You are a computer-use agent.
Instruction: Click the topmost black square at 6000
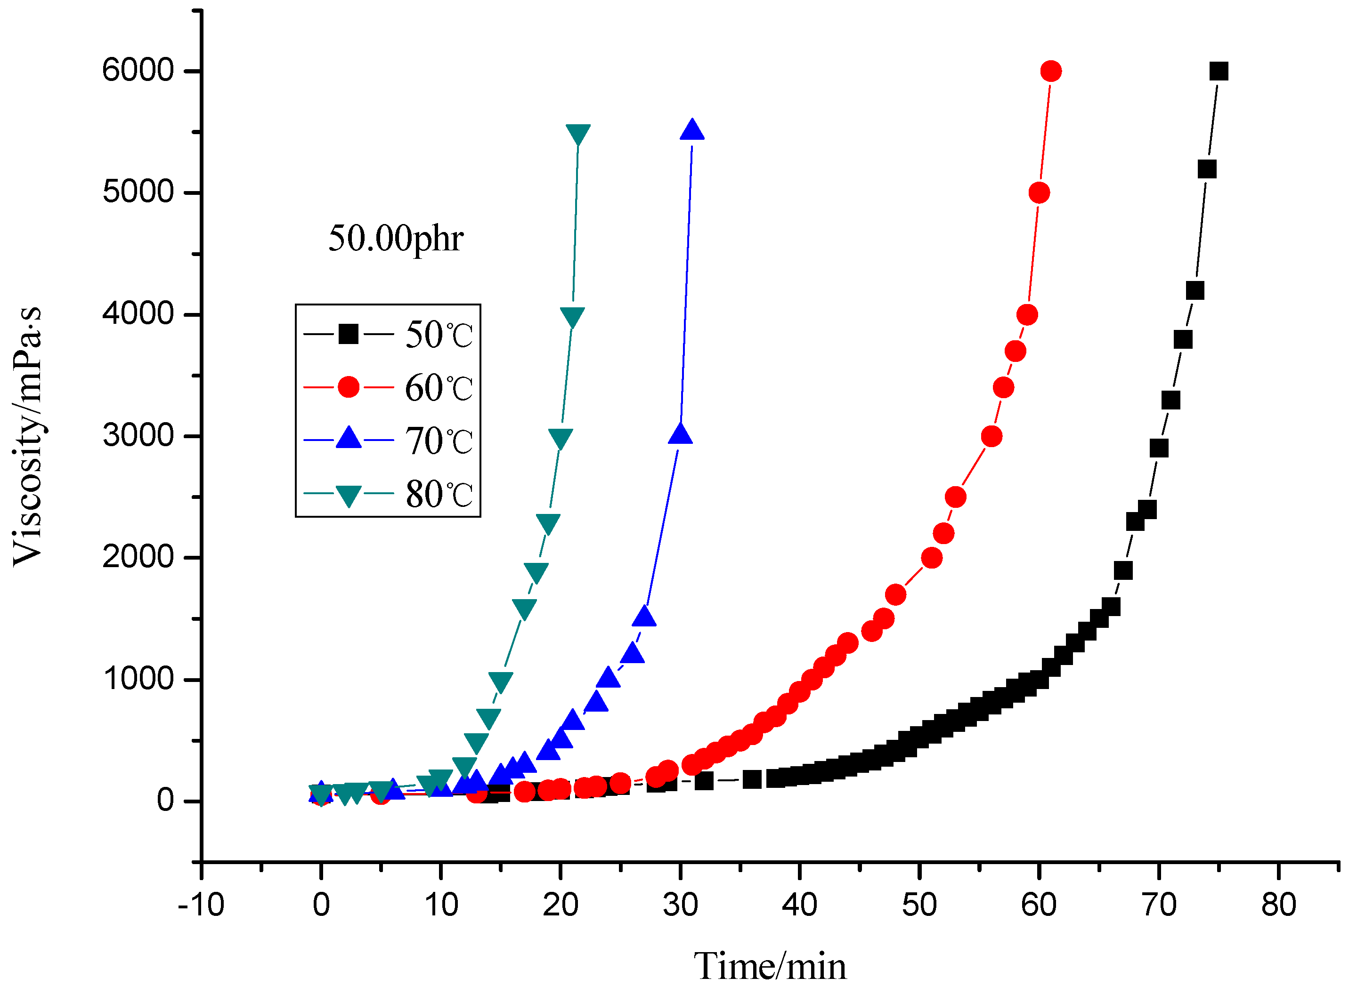pos(1218,71)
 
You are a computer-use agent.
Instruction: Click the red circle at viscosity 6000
pos(1050,71)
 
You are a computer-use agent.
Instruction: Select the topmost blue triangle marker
pos(691,130)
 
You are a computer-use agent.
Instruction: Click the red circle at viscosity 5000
pos(1039,193)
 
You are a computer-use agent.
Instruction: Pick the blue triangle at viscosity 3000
pos(680,435)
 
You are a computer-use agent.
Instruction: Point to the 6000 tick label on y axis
pos(138,71)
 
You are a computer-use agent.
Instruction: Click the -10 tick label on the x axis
pos(201,905)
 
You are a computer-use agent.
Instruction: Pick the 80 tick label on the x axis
pos(1278,905)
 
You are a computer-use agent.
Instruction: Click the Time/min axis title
pos(769,966)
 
